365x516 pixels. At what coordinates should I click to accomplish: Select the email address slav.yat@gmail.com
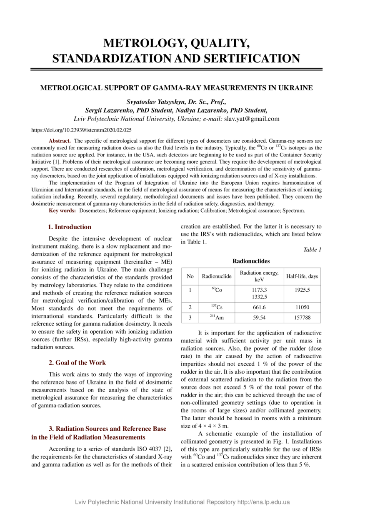(x=252, y=119)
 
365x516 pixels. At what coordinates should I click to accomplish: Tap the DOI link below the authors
(x=82, y=130)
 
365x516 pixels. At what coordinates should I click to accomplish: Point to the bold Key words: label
(x=62, y=211)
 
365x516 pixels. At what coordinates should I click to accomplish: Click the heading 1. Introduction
(x=70, y=227)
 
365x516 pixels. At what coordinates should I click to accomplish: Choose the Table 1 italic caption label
(x=312, y=250)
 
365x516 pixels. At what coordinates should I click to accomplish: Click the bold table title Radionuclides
(x=251, y=261)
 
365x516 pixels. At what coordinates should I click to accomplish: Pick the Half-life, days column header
(x=302, y=277)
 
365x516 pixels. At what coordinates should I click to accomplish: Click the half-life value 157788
(x=302, y=318)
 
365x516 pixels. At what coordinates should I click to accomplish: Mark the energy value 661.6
(x=259, y=308)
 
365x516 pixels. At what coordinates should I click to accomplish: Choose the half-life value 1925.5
(x=302, y=290)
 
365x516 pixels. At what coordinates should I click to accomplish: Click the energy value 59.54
(x=259, y=318)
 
